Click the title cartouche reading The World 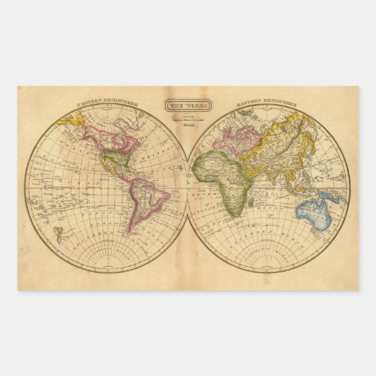tap(184, 106)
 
